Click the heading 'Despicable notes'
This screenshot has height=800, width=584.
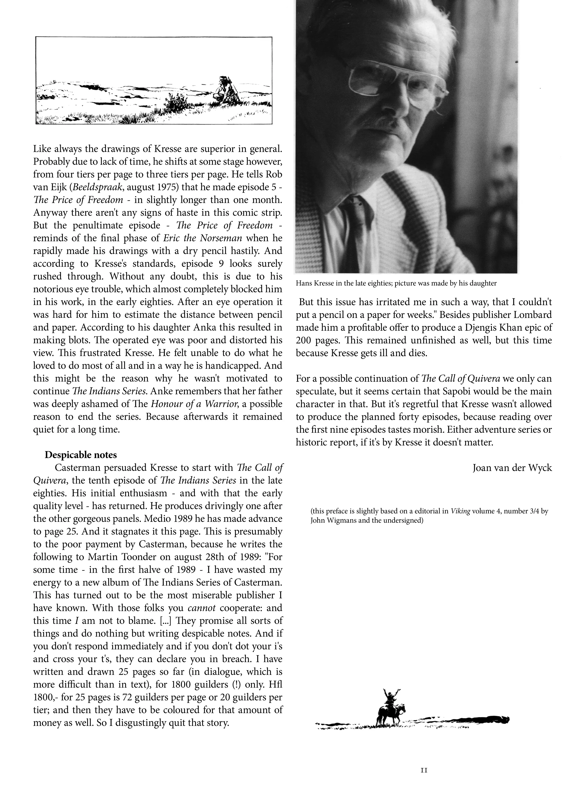coord(81,454)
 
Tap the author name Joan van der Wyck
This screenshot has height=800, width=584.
coord(512,468)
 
